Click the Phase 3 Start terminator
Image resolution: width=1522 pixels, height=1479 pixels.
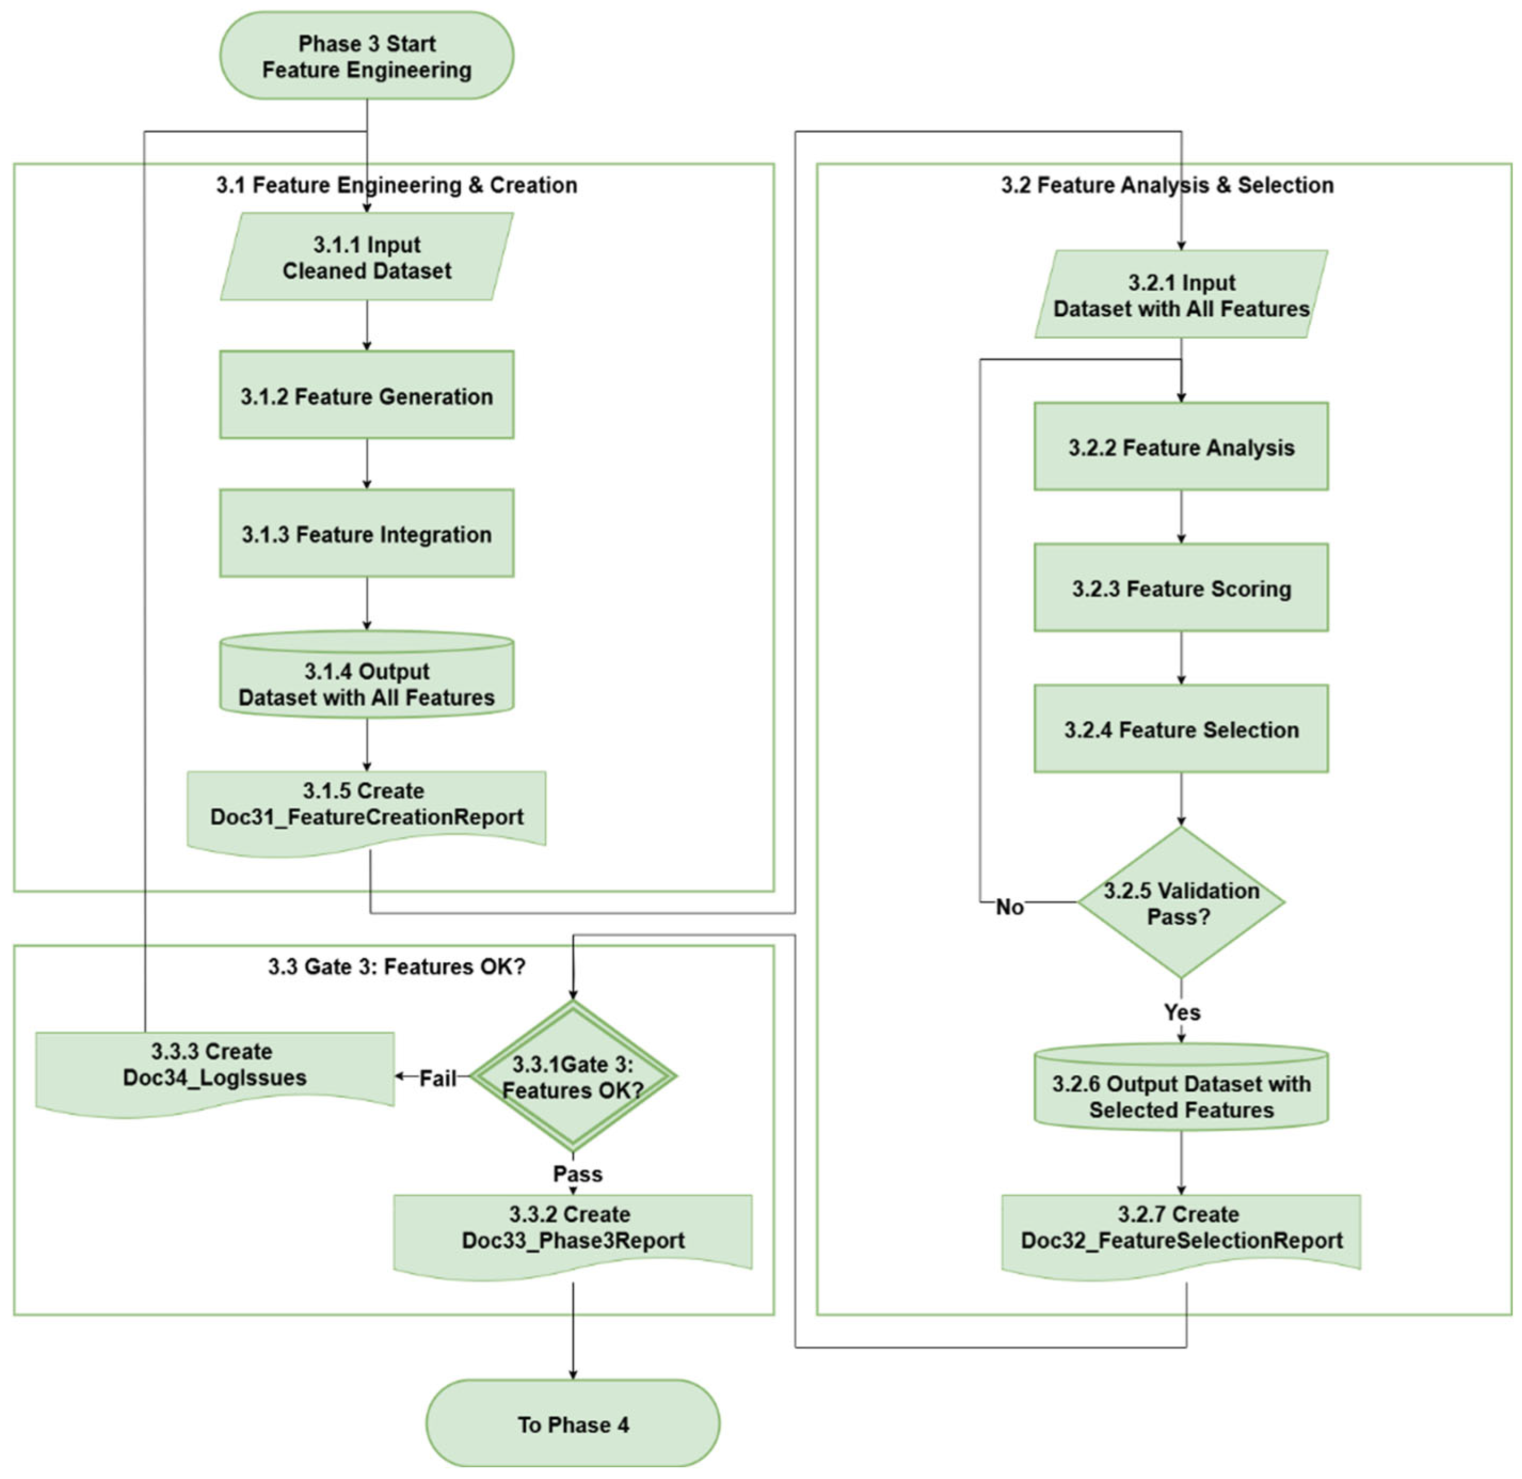[366, 56]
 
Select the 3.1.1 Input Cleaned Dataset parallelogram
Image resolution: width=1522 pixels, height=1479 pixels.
[366, 257]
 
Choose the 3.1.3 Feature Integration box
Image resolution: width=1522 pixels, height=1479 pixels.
[366, 534]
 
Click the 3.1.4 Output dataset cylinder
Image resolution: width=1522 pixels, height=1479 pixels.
[366, 675]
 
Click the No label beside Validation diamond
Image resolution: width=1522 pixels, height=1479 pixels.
[1010, 907]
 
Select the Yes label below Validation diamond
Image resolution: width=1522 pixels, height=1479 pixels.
[1182, 1012]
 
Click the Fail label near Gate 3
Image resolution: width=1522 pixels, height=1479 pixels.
[438, 1078]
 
